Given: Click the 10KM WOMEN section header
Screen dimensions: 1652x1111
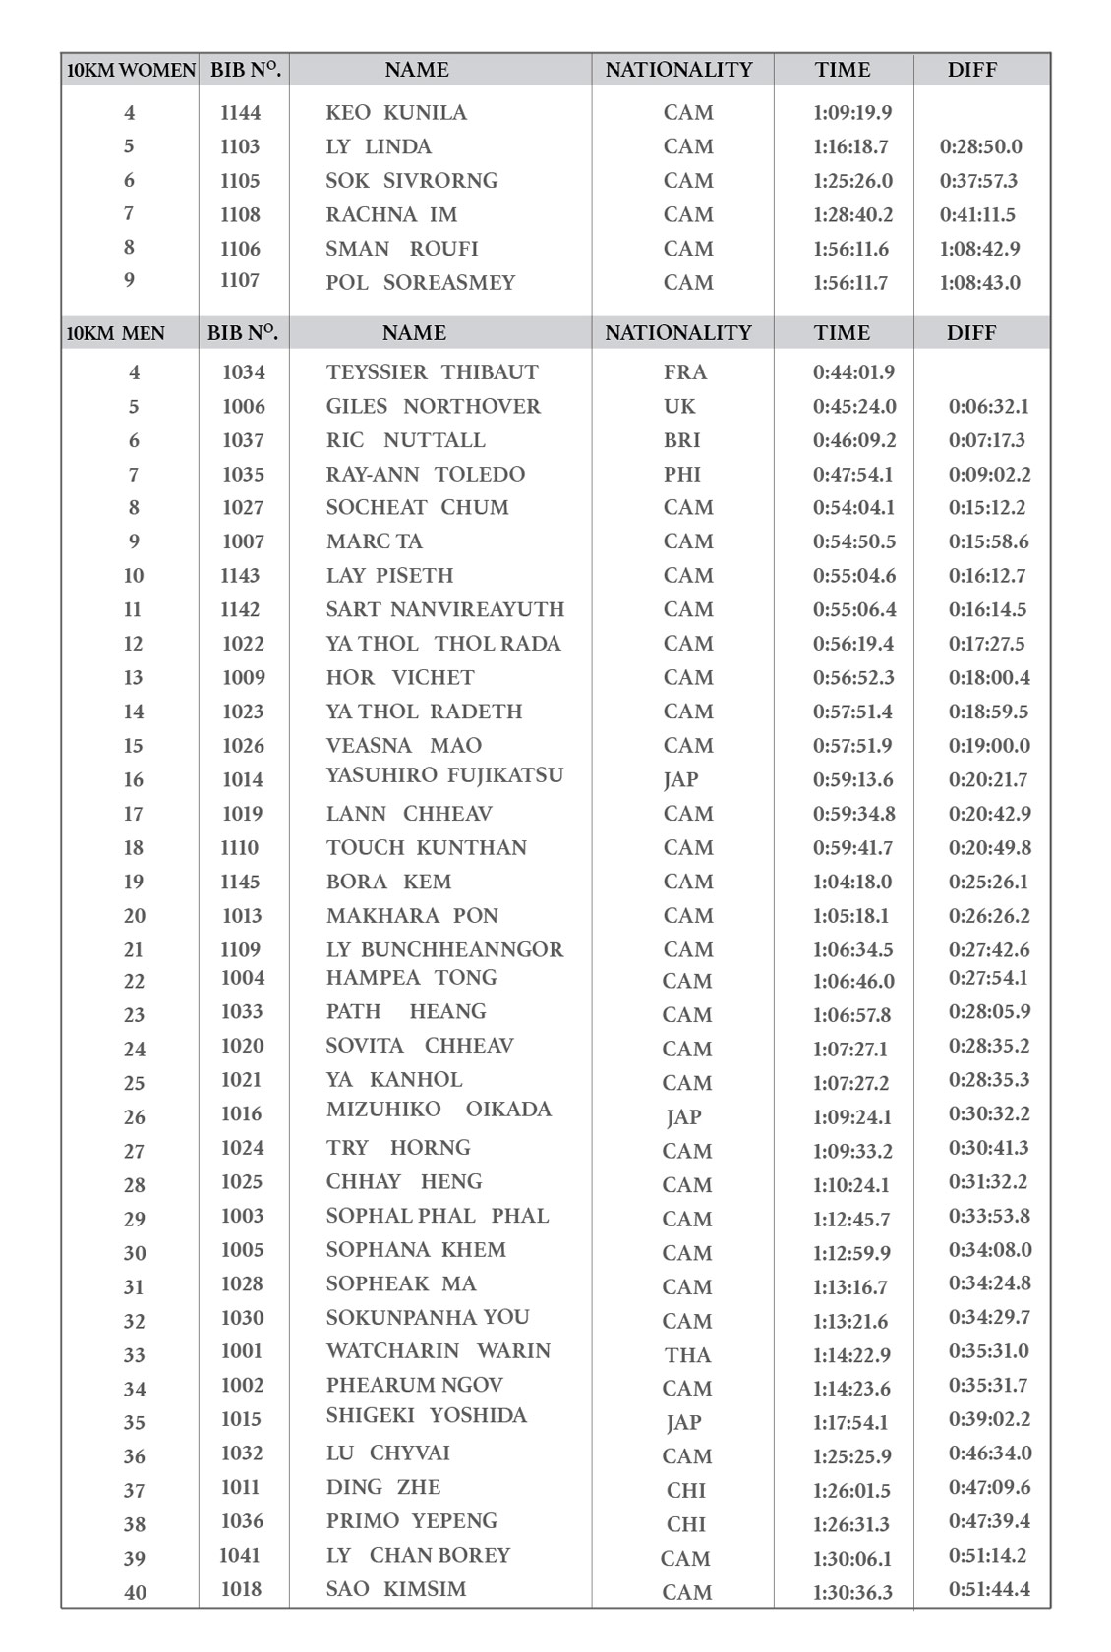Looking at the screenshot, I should click(x=131, y=70).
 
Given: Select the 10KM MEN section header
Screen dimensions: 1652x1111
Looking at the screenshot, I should click(x=116, y=333).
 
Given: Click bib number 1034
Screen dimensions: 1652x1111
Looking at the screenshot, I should click(x=243, y=372).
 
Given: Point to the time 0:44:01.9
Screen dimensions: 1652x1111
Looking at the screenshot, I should click(x=853, y=372).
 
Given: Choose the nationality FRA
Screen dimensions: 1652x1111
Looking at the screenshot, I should click(x=684, y=372).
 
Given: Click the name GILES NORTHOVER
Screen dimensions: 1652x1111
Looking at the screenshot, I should click(x=433, y=406).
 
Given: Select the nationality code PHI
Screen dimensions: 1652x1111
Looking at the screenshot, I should click(x=681, y=474).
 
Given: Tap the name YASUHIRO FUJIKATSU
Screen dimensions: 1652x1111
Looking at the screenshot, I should click(x=444, y=775).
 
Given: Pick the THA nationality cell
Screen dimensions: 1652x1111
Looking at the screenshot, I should click(x=686, y=1354).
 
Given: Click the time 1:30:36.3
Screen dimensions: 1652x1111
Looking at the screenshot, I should click(x=852, y=1592).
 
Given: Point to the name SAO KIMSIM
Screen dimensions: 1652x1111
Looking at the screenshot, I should click(x=396, y=1588).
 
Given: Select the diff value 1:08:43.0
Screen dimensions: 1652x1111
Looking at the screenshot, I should click(x=979, y=283).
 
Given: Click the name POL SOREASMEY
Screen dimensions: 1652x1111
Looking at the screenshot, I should click(x=420, y=283).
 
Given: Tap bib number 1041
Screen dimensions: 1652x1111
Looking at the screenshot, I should click(x=239, y=1555).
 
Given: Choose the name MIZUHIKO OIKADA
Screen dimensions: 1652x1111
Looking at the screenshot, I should click(x=439, y=1110).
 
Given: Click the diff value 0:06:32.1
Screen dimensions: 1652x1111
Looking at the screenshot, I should click(x=988, y=406).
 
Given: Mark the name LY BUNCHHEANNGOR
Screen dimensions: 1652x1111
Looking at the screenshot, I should click(x=444, y=949).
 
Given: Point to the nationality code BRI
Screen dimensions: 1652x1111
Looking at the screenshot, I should click(x=681, y=440).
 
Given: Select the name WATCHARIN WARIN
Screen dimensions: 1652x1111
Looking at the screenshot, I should click(x=438, y=1350).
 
